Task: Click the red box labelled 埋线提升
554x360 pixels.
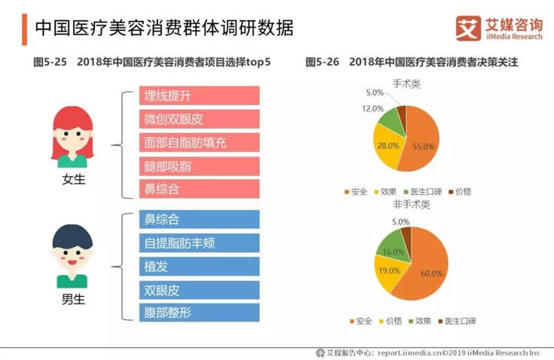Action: pos(200,96)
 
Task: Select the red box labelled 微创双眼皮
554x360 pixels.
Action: pos(200,119)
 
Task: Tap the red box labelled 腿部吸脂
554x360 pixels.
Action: pos(200,166)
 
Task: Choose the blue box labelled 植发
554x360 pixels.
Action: pos(200,267)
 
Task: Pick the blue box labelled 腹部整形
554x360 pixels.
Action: pos(200,313)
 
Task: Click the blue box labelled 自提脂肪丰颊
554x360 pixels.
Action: pos(200,243)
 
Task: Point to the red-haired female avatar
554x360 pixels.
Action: pos(73,136)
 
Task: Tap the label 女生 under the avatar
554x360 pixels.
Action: pos(73,180)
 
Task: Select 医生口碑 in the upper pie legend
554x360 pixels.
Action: pos(428,191)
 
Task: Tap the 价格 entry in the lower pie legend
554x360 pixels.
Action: pos(397,321)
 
